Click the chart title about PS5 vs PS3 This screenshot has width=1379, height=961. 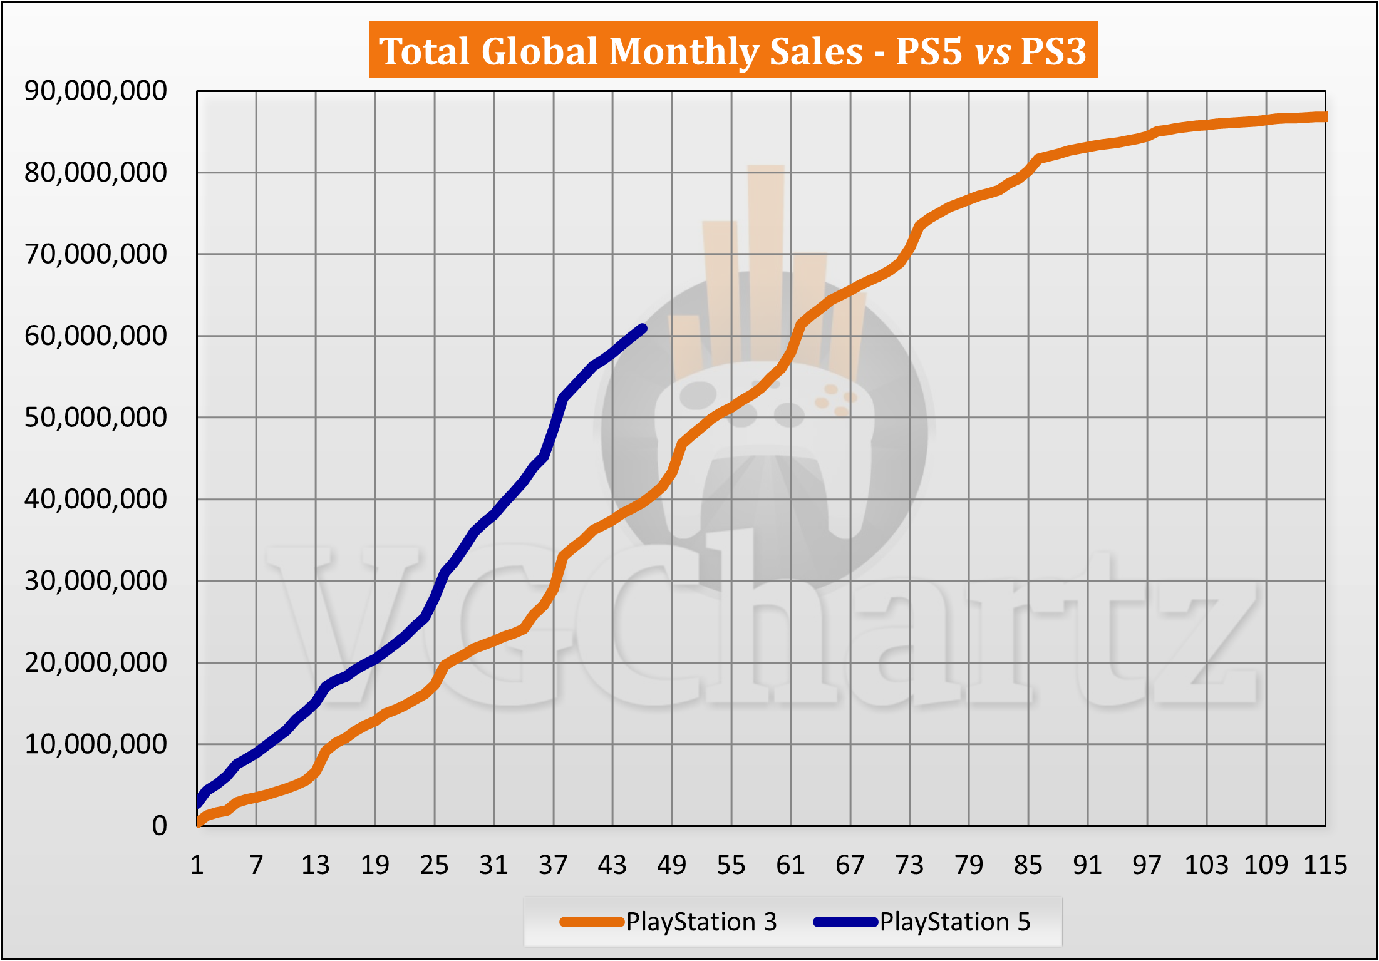[x=733, y=50]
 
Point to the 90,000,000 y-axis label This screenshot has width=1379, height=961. [x=96, y=91]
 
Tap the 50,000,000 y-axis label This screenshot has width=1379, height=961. [x=96, y=417]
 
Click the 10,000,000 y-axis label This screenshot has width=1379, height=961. [x=96, y=744]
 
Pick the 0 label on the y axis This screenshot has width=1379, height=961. [x=160, y=826]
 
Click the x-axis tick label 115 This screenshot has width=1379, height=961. [x=1325, y=865]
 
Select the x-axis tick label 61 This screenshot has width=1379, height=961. [x=790, y=865]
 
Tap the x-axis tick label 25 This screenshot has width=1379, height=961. [x=435, y=865]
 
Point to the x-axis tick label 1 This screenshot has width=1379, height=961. [x=197, y=865]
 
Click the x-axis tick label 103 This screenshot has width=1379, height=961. [x=1206, y=865]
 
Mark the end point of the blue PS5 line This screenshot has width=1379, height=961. [x=643, y=327]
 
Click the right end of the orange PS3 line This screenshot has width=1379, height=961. [x=1323, y=117]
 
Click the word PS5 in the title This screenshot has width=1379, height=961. [x=929, y=51]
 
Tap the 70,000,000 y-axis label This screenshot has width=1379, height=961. [x=96, y=254]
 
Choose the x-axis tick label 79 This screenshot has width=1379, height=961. [x=969, y=865]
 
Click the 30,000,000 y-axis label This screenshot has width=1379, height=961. [x=96, y=580]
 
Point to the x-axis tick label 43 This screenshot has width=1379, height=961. [x=612, y=865]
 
